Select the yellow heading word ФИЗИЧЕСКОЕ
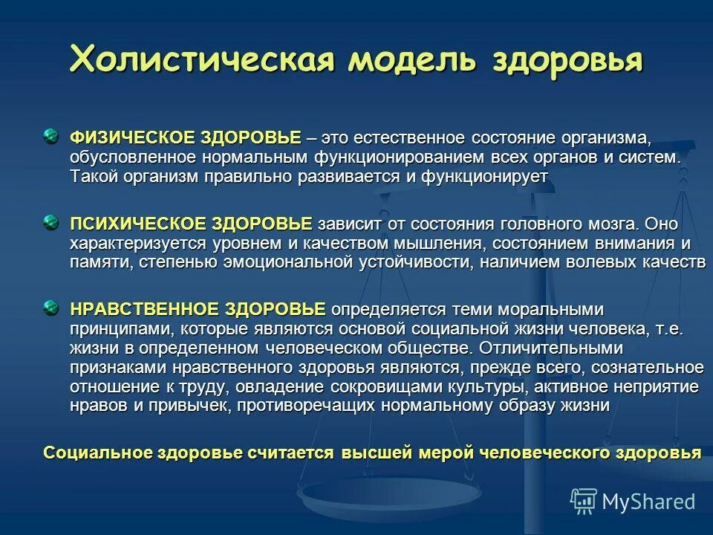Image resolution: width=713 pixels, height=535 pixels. pos(123,138)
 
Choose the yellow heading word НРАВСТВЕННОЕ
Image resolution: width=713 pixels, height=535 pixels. pos(134,309)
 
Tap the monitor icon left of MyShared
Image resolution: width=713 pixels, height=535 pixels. pos(584,501)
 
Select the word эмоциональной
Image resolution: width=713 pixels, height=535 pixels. pos(276,262)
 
